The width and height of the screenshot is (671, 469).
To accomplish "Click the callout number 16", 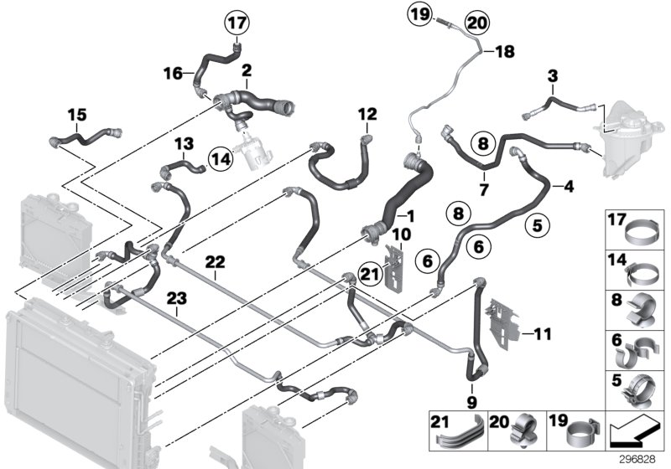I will click(x=171, y=74).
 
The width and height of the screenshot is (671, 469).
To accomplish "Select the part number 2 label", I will click(x=247, y=67).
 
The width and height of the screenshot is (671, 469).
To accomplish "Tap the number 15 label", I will click(x=76, y=112).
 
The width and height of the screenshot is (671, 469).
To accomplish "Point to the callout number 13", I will click(x=184, y=143).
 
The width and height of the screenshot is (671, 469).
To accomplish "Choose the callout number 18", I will click(x=503, y=52).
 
